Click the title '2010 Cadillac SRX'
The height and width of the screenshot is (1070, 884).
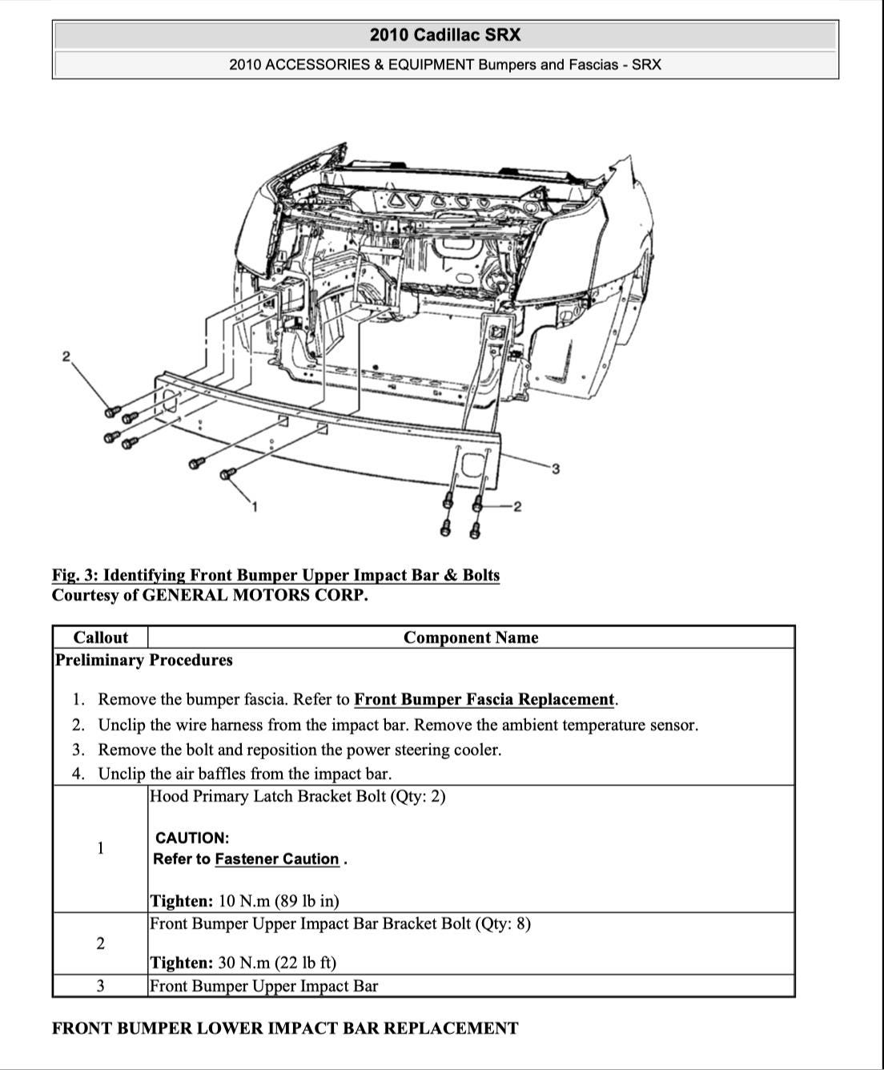(x=444, y=35)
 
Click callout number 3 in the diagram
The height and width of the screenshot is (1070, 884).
(x=555, y=469)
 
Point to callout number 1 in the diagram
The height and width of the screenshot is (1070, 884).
(x=255, y=506)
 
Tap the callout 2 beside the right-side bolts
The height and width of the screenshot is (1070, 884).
(x=517, y=506)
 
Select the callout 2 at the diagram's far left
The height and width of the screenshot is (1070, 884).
(x=66, y=356)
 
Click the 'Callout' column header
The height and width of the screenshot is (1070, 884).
(x=100, y=638)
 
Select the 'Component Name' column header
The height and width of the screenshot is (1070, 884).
(x=471, y=638)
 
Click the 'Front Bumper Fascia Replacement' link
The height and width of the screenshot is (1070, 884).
(x=484, y=699)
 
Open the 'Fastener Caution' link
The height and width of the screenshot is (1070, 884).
(x=277, y=859)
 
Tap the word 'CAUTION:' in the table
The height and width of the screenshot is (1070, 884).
(x=192, y=838)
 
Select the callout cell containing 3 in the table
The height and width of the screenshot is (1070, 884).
(x=100, y=986)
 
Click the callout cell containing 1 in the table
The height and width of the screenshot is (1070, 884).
(x=100, y=848)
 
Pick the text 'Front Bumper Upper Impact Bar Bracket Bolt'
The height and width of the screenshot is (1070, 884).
(x=311, y=923)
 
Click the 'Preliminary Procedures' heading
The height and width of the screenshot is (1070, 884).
(x=144, y=660)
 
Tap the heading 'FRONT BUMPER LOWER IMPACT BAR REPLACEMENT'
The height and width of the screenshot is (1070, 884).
(x=285, y=1028)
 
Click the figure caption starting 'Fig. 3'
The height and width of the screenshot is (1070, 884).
(x=275, y=575)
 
